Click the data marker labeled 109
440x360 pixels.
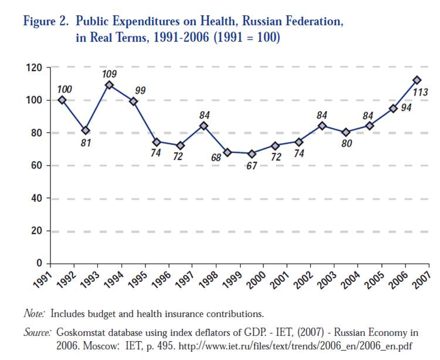(x=109, y=85)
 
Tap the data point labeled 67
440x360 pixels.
(x=252, y=154)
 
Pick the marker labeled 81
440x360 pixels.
(x=86, y=130)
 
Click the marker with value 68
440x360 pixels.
(x=228, y=152)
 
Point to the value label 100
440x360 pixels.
(x=65, y=89)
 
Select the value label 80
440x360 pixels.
(x=347, y=143)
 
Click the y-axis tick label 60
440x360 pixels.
(x=36, y=166)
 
